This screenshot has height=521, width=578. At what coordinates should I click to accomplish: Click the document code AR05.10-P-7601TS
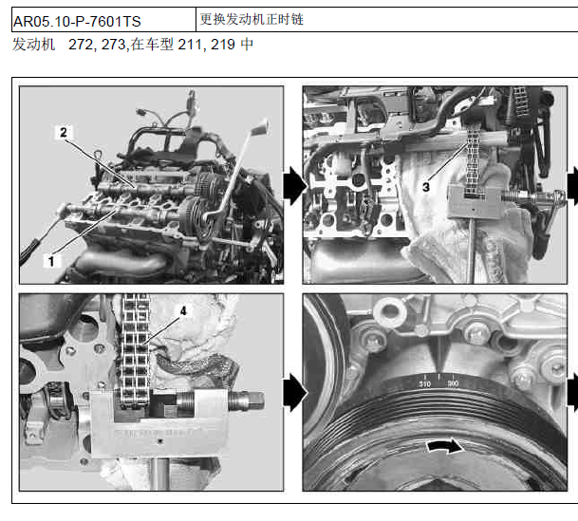[77, 22]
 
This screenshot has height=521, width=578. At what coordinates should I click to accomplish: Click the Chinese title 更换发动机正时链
[252, 19]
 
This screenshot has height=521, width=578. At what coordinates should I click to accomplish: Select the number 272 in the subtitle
[82, 45]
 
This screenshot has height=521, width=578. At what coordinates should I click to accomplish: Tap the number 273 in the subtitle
[114, 45]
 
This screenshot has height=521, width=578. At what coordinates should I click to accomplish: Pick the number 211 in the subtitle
[191, 45]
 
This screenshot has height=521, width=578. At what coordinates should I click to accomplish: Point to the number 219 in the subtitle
[223, 45]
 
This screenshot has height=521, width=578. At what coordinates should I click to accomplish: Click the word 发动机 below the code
[33, 45]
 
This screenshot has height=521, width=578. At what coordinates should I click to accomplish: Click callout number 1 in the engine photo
[51, 261]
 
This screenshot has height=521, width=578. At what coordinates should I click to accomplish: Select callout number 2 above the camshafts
[64, 132]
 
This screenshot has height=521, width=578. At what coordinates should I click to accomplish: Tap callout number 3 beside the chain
[426, 187]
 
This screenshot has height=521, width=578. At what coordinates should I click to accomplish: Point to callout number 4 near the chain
[183, 311]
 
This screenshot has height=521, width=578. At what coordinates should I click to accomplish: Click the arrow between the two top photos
[295, 185]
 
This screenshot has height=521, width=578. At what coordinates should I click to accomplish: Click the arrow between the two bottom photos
[295, 393]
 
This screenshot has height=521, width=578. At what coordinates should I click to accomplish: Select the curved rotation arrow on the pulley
[445, 446]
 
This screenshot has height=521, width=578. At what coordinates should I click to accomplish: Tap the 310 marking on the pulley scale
[424, 384]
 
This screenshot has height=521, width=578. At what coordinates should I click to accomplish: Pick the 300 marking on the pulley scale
[453, 383]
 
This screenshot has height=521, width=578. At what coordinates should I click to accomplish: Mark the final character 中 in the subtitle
[247, 45]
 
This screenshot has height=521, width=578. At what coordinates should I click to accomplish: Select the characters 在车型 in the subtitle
[152, 45]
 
